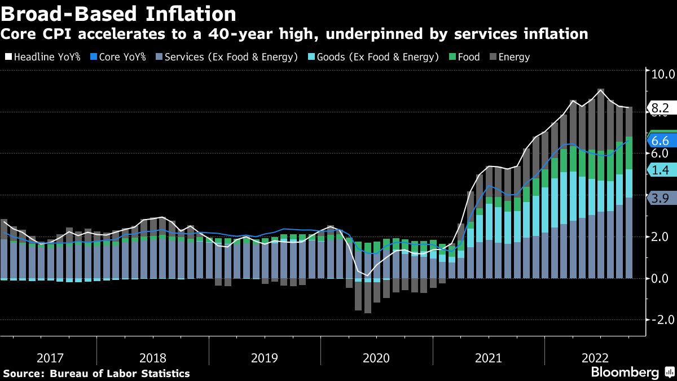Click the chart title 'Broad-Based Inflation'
118,13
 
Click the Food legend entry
464,56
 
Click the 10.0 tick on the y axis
663,73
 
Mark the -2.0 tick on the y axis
661,319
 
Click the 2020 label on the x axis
376,358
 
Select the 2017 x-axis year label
50,358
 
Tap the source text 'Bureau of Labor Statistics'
120,374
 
